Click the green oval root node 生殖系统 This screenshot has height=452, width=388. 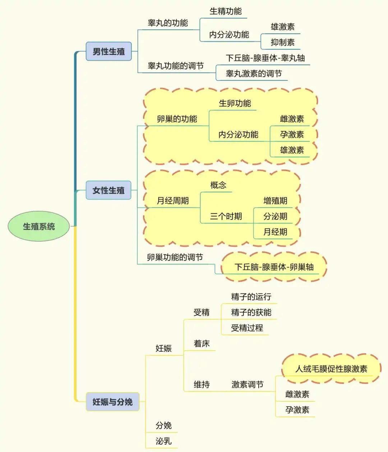(x=39, y=226)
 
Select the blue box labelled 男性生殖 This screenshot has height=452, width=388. (x=108, y=51)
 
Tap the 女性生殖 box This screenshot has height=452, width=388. (x=108, y=190)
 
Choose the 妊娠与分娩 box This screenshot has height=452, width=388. (x=112, y=402)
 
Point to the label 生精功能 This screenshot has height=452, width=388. (x=226, y=11)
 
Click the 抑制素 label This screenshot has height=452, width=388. (x=282, y=42)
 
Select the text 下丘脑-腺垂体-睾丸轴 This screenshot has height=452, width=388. (x=265, y=58)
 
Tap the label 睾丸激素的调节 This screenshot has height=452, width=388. (x=254, y=74)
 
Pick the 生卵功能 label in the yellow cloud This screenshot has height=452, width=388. (x=235, y=103)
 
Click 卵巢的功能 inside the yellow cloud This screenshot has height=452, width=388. (x=177, y=119)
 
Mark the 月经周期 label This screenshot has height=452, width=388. (x=172, y=201)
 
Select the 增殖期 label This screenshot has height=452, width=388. (x=275, y=201)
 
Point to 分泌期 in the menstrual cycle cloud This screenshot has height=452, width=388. (x=275, y=216)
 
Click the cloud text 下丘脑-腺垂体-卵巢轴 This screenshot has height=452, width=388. (x=274, y=267)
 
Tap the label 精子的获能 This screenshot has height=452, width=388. (x=251, y=312)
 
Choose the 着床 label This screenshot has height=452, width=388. (x=202, y=344)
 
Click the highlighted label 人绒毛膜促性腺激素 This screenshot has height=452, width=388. (x=331, y=369)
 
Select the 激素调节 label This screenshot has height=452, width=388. (x=247, y=385)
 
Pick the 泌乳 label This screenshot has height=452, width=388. (x=163, y=441)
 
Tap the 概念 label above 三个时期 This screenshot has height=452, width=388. (x=218, y=185)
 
